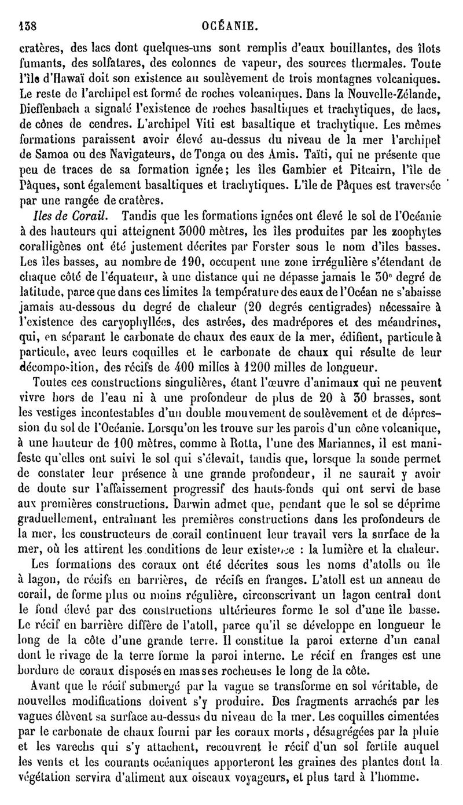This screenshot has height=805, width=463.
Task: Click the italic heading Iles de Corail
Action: [x=69, y=216]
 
